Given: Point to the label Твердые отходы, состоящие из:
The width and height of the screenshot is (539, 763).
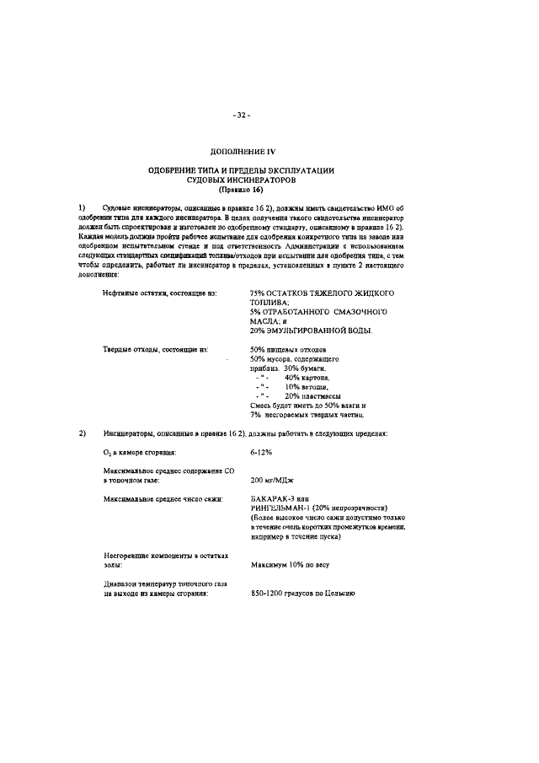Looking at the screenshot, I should [x=155, y=349].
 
